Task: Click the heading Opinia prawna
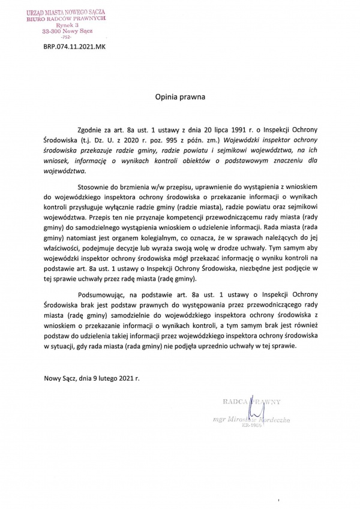click(180, 95)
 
